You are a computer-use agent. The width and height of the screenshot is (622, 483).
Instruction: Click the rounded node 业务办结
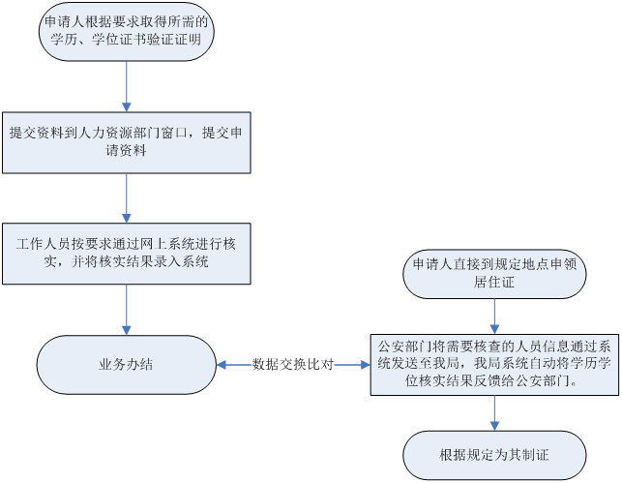pyautogui.click(x=126, y=365)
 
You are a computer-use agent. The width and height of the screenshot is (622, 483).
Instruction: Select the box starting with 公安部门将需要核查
pyautogui.click(x=494, y=364)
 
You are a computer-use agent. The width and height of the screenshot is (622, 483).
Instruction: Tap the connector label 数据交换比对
pyautogui.click(x=293, y=365)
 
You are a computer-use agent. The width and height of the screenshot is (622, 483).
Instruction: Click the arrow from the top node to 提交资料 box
pyautogui.click(x=128, y=87)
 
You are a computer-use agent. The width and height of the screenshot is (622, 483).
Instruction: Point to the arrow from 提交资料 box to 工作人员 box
pyautogui.click(x=128, y=197)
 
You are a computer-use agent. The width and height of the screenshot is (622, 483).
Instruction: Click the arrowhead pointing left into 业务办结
pyautogui.click(x=222, y=365)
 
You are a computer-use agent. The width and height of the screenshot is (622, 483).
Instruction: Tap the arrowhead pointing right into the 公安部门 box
pyautogui.click(x=365, y=365)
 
